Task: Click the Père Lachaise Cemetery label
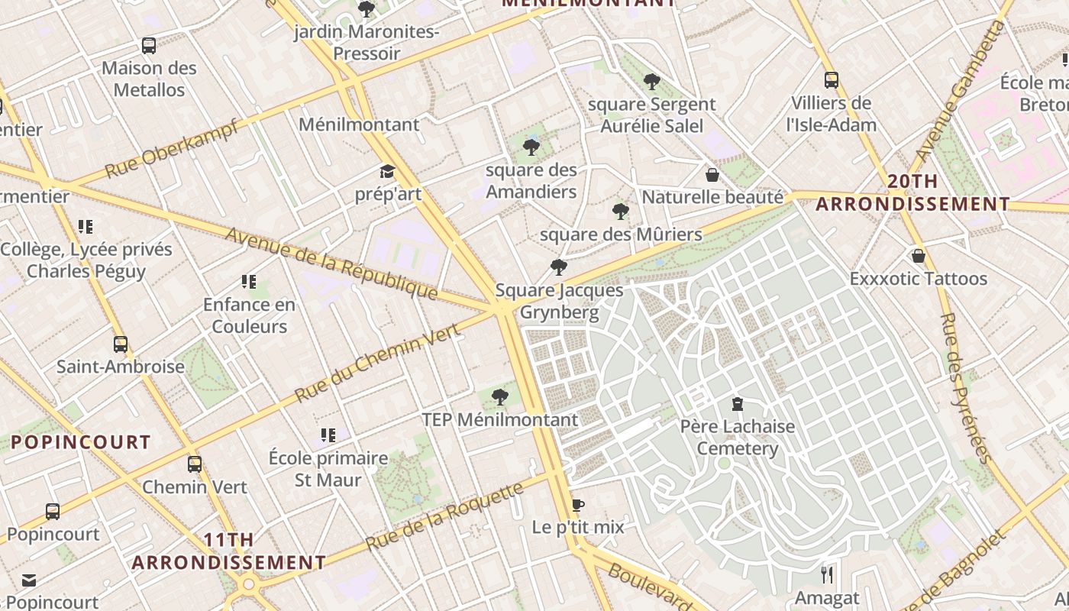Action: [x=737, y=438]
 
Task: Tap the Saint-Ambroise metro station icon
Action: [x=121, y=344]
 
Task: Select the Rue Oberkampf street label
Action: [x=173, y=148]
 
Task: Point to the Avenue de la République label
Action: [x=331, y=263]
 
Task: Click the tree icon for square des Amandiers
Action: [x=531, y=147]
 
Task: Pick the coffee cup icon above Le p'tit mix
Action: [x=578, y=506]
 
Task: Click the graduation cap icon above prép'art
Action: [x=388, y=172]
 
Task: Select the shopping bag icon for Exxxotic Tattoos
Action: [x=919, y=256]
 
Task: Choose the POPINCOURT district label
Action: [x=81, y=442]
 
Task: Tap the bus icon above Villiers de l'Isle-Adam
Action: [x=831, y=80]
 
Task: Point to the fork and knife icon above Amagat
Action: [x=827, y=574]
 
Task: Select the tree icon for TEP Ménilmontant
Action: [x=500, y=397]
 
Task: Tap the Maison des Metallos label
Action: [x=149, y=79]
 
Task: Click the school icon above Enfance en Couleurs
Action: [x=248, y=282]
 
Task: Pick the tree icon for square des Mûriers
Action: [x=621, y=212]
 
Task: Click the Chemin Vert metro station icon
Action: [x=195, y=464]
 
